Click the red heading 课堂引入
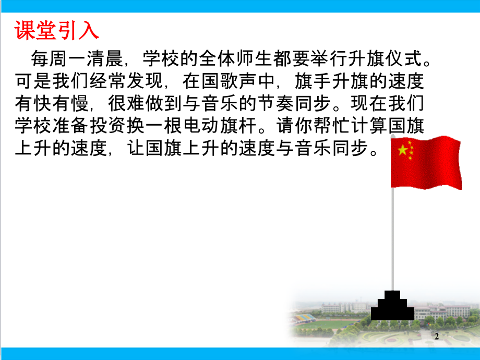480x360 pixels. (x=56, y=31)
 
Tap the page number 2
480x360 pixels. (x=437, y=337)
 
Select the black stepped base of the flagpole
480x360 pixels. (x=392, y=306)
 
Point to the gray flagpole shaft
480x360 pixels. (x=392, y=235)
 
